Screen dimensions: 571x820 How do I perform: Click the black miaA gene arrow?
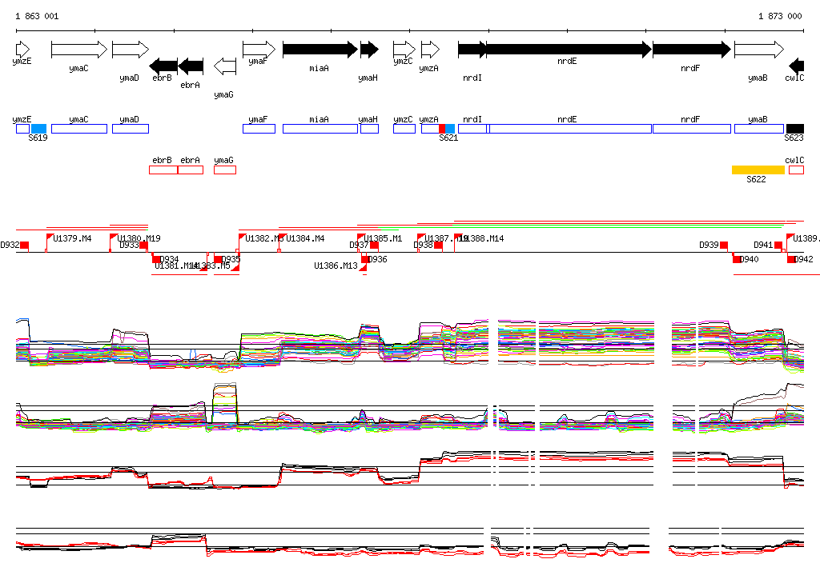click(320, 50)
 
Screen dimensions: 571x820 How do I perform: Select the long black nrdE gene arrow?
click(568, 50)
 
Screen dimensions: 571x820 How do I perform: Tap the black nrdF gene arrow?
click(691, 50)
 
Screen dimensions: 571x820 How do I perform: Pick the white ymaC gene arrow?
click(78, 50)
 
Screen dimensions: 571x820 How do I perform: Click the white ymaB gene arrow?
click(758, 50)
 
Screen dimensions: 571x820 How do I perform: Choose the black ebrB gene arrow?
click(163, 66)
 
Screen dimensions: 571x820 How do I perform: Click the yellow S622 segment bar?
click(758, 170)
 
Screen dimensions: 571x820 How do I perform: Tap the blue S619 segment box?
click(38, 129)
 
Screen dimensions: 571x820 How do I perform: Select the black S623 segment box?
click(794, 129)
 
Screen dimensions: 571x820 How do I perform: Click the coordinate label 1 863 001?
click(37, 16)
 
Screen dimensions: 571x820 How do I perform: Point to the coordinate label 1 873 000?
click(780, 16)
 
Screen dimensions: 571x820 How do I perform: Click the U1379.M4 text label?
click(72, 238)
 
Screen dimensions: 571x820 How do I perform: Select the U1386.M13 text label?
click(336, 266)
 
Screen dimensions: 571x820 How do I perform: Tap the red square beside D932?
click(25, 245)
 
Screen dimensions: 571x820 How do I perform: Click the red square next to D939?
click(724, 245)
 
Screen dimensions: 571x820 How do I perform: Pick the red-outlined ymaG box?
click(225, 170)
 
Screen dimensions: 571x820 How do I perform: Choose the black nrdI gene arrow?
click(472, 50)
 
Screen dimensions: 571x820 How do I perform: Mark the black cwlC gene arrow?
click(796, 66)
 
